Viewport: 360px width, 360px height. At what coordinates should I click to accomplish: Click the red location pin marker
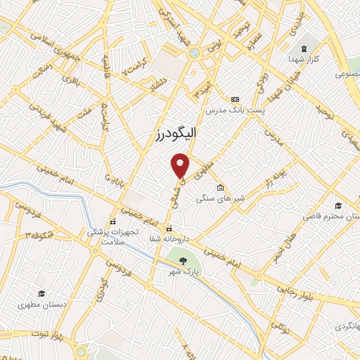(x=181, y=165)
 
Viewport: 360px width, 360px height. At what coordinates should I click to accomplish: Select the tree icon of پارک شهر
(x=183, y=259)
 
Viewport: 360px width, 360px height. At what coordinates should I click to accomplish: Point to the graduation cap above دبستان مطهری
(x=42, y=293)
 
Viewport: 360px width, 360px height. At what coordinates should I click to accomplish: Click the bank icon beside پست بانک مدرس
(x=235, y=100)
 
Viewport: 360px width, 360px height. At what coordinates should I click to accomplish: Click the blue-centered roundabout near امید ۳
(x=193, y=52)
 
